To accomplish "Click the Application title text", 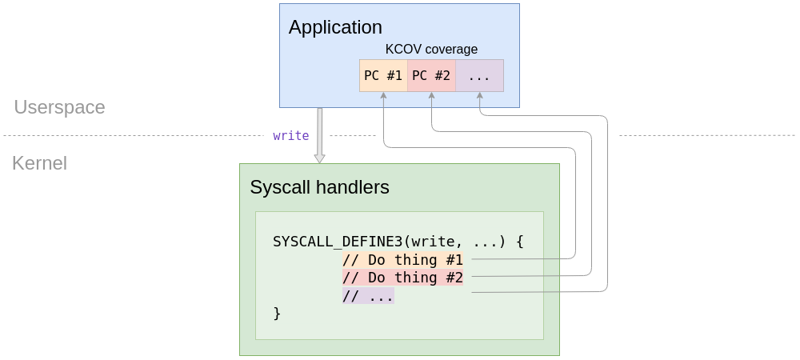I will click(335, 27).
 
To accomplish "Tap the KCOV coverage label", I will click(431, 50).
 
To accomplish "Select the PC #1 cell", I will click(383, 76).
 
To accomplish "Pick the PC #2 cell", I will click(431, 76).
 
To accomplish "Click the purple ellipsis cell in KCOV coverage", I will click(479, 76).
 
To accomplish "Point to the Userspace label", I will click(59, 107).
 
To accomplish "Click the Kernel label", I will click(39, 164).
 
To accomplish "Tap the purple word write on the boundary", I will click(290, 136).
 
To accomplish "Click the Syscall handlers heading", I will click(319, 188).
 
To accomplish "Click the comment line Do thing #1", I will click(403, 259).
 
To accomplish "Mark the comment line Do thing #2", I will click(403, 278).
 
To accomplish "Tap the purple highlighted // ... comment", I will click(368, 296).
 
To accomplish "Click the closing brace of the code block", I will click(277, 314).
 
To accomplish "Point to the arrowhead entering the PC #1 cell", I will click(384, 95).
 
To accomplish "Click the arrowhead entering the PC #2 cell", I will click(432, 95).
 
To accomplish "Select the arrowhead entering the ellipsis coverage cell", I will click(480, 95).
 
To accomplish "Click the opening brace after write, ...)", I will click(519, 241).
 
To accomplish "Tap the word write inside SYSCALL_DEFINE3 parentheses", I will click(432, 241).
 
